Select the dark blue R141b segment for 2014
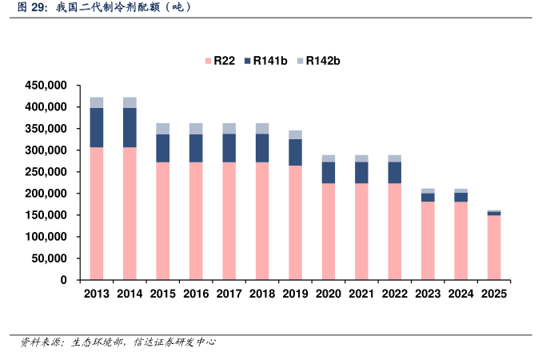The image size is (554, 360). pos(130,127)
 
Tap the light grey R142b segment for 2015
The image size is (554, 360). pos(163,128)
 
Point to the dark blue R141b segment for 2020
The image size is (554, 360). pos(329,172)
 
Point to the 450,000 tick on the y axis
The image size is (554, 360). pos(46,85)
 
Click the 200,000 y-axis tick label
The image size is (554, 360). pos(46,194)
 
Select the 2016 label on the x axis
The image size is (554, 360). pos(196,294)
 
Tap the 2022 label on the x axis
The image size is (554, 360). pos(395,294)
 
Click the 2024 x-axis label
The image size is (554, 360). pos(461,294)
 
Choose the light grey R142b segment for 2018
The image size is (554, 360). pos(262,128)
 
